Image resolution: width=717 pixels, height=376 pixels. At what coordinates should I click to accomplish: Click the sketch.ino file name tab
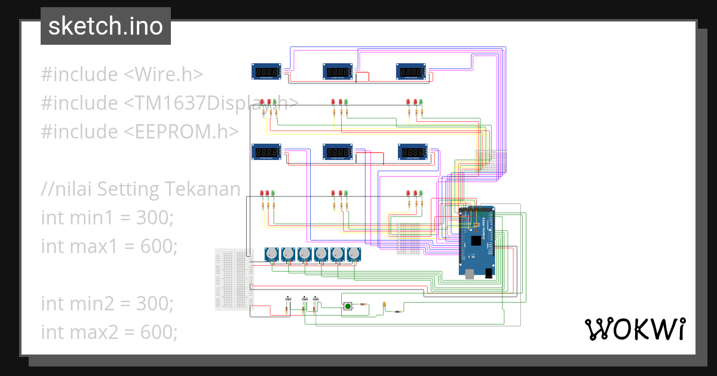tap(105, 26)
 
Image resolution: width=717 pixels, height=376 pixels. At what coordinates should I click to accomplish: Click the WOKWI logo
tap(634, 329)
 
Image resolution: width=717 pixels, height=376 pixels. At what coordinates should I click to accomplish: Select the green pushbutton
tap(347, 307)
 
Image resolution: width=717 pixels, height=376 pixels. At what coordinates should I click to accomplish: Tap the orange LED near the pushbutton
tap(383, 306)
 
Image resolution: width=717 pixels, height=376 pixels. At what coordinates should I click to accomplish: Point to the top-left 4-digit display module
tap(266, 72)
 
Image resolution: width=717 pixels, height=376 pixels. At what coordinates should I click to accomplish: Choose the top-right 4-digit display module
tap(412, 72)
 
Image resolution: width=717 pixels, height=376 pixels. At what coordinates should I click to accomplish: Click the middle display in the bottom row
tap(338, 152)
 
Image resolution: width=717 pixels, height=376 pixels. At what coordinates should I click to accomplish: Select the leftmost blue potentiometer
tap(272, 255)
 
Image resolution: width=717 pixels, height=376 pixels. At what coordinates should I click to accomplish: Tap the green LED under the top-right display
tap(421, 102)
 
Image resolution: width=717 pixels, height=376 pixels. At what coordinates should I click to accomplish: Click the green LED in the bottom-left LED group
tap(273, 193)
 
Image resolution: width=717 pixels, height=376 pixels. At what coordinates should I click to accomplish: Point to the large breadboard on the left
tap(234, 279)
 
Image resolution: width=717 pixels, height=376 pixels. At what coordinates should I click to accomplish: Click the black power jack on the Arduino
tap(489, 273)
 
